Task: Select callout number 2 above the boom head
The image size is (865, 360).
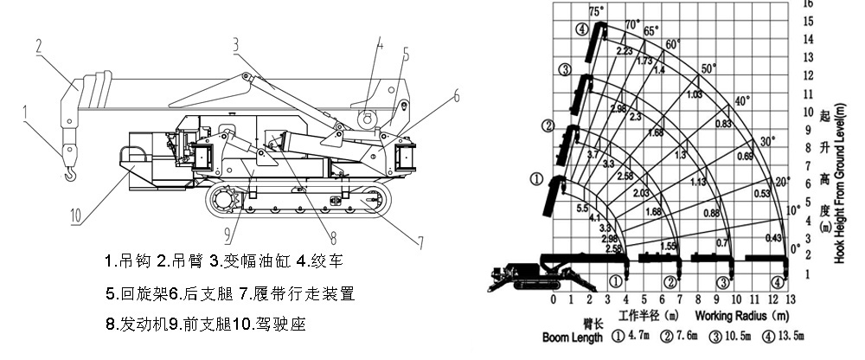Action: pyautogui.click(x=39, y=48)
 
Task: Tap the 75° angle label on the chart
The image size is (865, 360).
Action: pyautogui.click(x=596, y=11)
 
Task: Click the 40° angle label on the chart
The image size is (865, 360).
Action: pyautogui.click(x=741, y=101)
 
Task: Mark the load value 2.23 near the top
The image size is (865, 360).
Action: pyautogui.click(x=625, y=51)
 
